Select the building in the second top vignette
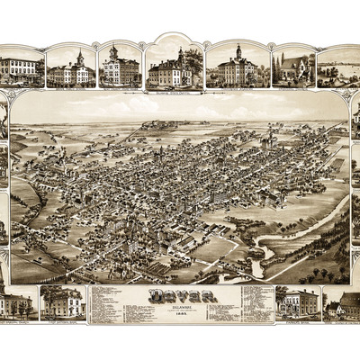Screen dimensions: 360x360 (71, 72)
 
